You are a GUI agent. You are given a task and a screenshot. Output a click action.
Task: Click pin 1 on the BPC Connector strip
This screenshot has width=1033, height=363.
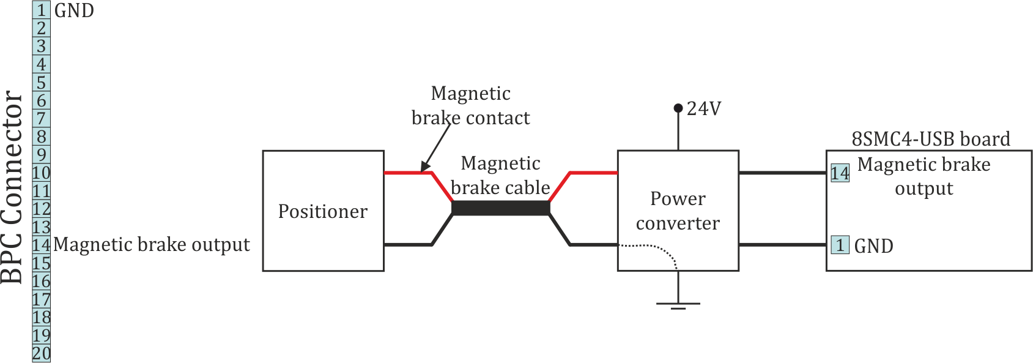click(42, 10)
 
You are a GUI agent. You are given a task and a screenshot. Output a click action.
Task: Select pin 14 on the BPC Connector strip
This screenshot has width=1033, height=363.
click(42, 245)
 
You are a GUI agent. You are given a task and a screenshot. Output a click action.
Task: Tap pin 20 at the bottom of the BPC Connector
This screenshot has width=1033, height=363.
click(42, 354)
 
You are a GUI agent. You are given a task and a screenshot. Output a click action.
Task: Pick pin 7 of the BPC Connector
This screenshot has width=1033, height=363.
click(42, 119)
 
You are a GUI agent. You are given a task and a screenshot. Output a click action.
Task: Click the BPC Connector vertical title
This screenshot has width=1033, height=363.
click(12, 187)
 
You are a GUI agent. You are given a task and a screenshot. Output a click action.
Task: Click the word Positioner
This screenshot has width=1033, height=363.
click(322, 211)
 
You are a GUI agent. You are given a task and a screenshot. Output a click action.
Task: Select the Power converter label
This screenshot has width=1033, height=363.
click(678, 211)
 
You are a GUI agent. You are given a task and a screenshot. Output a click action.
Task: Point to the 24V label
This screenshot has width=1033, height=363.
click(704, 108)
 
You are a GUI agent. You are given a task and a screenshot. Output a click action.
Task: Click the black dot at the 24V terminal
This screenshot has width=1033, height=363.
click(678, 108)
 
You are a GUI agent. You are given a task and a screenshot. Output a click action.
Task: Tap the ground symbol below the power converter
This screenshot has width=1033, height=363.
click(678, 304)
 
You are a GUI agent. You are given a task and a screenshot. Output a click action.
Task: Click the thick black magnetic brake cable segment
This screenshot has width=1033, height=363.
click(500, 208)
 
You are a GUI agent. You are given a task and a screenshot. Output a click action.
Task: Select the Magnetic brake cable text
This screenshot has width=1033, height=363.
click(500, 175)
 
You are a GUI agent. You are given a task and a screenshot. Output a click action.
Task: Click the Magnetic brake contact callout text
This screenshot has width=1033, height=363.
click(470, 105)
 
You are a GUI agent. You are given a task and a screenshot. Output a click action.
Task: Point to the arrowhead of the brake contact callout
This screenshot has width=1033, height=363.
click(424, 168)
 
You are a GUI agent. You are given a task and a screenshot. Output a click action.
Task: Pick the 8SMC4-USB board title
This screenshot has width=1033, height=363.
click(930, 139)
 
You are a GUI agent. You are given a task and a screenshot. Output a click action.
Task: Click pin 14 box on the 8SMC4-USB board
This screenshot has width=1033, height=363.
click(840, 173)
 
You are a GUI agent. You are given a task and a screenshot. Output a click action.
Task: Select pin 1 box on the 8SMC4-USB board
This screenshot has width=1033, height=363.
click(840, 245)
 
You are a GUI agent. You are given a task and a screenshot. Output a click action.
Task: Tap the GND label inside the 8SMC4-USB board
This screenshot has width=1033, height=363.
click(873, 246)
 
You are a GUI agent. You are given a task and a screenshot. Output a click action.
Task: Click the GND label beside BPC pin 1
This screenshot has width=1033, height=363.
click(74, 10)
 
